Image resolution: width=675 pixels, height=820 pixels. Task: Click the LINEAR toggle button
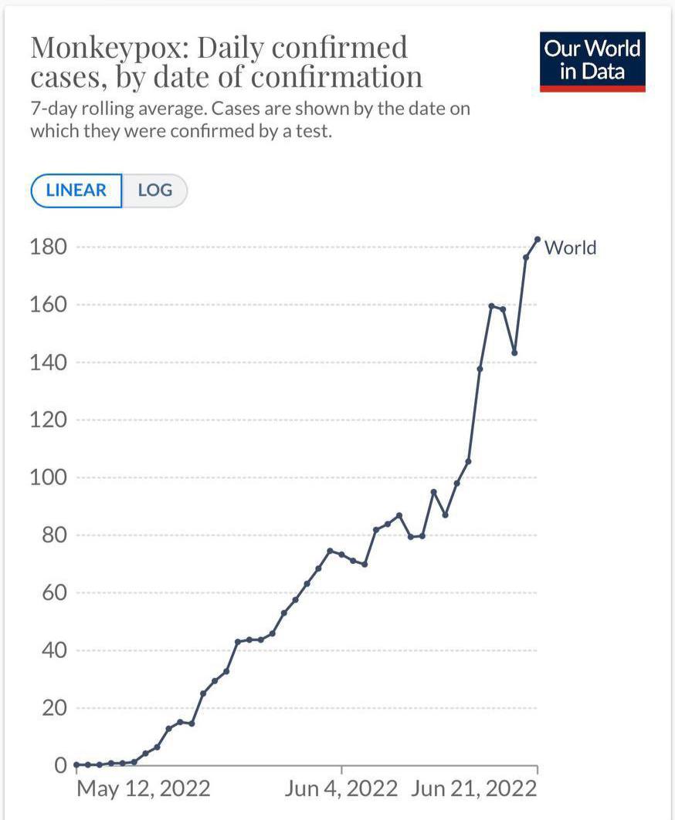pyautogui.click(x=76, y=191)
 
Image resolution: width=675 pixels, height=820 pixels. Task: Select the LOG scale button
pyautogui.click(x=155, y=191)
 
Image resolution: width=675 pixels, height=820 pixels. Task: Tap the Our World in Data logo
pyautogui.click(x=592, y=62)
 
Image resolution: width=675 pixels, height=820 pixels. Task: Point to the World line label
pyautogui.click(x=570, y=248)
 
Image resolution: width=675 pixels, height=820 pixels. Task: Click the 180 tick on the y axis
pyautogui.click(x=48, y=247)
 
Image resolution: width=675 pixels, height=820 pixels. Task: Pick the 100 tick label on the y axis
pyautogui.click(x=48, y=477)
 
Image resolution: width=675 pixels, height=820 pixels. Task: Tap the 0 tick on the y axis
pyautogui.click(x=61, y=765)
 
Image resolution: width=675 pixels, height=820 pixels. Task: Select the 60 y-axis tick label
pyautogui.click(x=55, y=593)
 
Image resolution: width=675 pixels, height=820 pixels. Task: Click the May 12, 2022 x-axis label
pyautogui.click(x=144, y=789)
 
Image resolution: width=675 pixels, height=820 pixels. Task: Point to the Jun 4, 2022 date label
pyautogui.click(x=341, y=789)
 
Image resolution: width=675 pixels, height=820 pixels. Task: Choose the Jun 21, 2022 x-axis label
pyautogui.click(x=474, y=789)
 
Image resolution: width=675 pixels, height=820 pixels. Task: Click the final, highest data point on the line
pyautogui.click(x=538, y=239)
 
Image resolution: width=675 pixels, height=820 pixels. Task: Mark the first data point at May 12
pyautogui.click(x=76, y=764)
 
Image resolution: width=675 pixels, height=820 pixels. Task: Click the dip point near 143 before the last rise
pyautogui.click(x=515, y=353)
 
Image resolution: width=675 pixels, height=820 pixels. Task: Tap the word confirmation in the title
pyautogui.click(x=336, y=77)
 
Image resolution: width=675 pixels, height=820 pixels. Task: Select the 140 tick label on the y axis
pyautogui.click(x=48, y=363)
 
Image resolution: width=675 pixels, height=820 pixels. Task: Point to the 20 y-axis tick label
pyautogui.click(x=55, y=708)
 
